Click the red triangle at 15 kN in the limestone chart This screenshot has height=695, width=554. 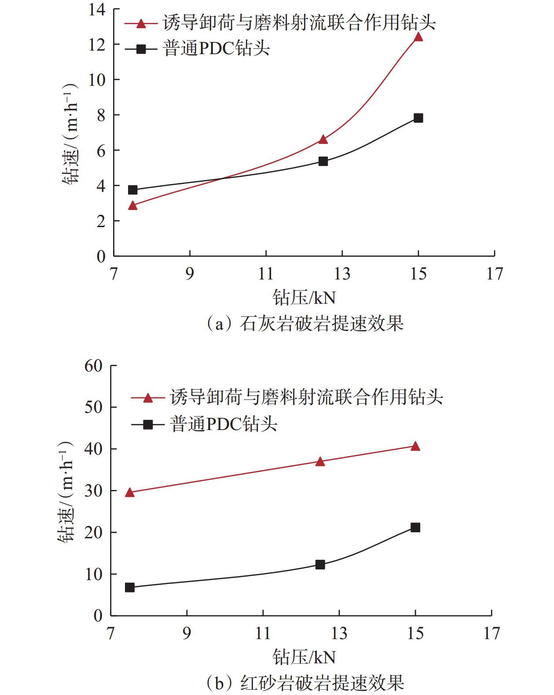(418, 37)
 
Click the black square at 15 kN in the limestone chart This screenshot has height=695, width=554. (418, 118)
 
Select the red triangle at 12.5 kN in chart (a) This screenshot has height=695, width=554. (323, 140)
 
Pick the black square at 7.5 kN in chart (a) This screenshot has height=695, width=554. (133, 190)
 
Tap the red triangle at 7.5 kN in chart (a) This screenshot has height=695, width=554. (133, 206)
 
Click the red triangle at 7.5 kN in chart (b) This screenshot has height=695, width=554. (130, 493)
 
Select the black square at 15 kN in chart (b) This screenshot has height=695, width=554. (415, 527)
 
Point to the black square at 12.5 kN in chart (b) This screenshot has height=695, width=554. (320, 564)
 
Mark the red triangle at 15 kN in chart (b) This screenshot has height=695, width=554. (415, 446)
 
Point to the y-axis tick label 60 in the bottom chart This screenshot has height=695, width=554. (93, 366)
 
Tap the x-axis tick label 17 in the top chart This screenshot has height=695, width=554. (494, 274)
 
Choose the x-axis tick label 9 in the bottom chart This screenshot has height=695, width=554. (187, 633)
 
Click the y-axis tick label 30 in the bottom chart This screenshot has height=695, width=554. (93, 491)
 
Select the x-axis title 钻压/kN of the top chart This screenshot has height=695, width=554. (304, 298)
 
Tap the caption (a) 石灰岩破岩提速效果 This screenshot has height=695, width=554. (304, 324)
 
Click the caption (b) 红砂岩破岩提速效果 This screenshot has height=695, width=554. (304, 683)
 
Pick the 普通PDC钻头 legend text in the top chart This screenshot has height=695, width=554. (216, 49)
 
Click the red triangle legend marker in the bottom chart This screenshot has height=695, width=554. (148, 398)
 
